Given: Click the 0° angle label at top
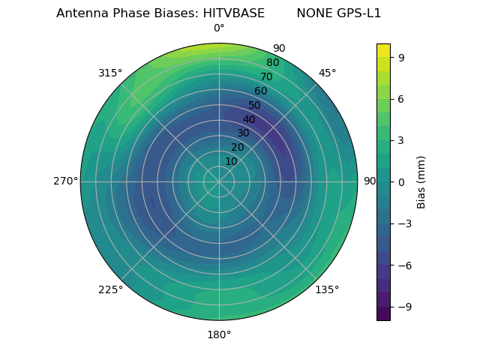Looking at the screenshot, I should click(219, 28).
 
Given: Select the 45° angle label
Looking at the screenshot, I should click(327, 73).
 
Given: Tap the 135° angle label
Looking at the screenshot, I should click(327, 289).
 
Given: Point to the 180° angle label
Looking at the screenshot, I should click(219, 334).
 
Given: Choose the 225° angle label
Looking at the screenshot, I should click(110, 289).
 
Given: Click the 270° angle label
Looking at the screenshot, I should click(65, 181).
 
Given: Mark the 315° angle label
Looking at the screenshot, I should click(110, 73).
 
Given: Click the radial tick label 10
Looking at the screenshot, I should click(231, 161).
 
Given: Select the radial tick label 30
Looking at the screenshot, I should click(243, 133).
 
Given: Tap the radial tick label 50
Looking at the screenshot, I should click(255, 105).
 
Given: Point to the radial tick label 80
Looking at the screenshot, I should click(272, 62).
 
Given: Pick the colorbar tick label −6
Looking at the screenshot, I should click(402, 265).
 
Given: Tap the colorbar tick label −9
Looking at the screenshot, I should click(402, 307).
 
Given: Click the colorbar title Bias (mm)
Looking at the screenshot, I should click(421, 181).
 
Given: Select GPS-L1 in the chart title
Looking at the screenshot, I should click(356, 13).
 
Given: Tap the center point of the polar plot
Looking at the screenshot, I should click(219, 181).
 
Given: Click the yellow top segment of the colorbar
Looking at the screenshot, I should click(383, 49).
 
